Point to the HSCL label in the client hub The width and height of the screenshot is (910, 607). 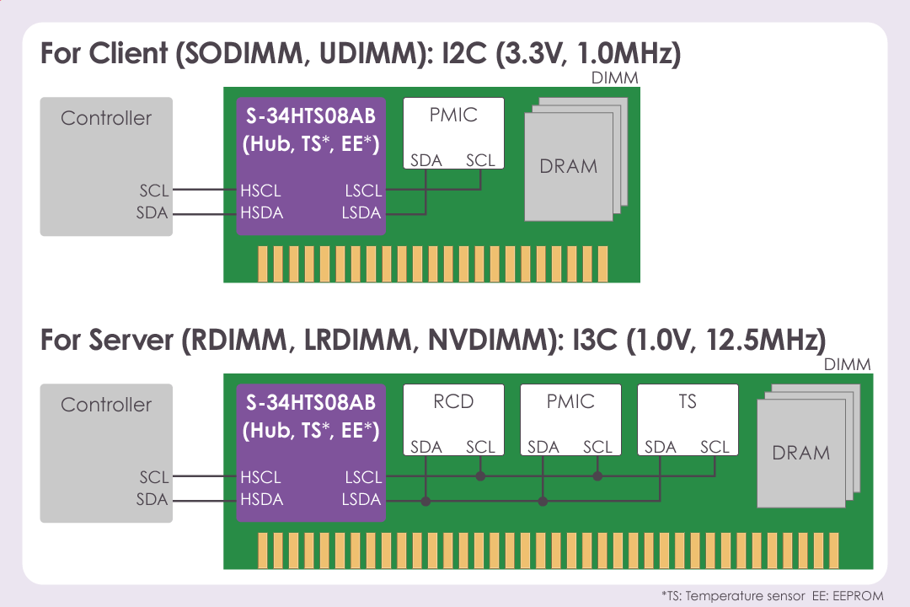260,191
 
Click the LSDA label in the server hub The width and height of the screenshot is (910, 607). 361,500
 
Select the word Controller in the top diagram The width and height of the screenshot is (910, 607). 106,118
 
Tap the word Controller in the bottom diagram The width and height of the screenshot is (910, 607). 106,405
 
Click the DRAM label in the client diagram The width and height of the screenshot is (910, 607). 569,167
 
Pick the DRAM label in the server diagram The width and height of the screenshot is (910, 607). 800,453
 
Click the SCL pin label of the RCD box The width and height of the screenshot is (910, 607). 480,448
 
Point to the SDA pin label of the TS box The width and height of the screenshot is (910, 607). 661,448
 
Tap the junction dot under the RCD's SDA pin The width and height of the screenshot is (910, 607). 426,501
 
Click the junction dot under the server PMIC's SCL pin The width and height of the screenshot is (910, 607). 597,476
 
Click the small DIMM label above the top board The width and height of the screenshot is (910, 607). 614,78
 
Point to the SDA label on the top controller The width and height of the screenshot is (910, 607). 153,213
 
